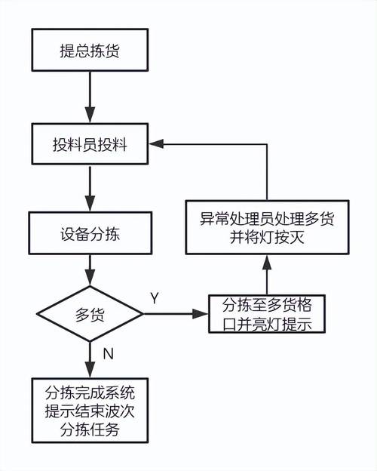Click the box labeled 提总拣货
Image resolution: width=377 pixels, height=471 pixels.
tap(90, 51)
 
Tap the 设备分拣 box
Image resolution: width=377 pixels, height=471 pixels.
tap(90, 234)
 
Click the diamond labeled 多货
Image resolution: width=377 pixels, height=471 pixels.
tap(90, 316)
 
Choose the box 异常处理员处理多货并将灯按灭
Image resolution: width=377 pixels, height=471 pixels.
tap(266, 228)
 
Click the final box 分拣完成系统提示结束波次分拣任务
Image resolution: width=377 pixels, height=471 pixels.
tap(90, 411)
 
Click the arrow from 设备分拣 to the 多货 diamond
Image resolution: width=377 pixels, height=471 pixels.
tap(90, 270)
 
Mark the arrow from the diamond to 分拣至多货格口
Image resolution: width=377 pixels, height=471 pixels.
tap(177, 315)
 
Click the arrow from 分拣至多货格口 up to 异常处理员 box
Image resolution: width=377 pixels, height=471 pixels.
tap(266, 275)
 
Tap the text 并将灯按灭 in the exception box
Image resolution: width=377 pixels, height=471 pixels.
tap(266, 239)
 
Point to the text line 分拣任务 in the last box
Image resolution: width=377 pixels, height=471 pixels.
tap(90, 429)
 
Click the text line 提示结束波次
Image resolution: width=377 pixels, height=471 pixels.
tap(90, 411)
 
